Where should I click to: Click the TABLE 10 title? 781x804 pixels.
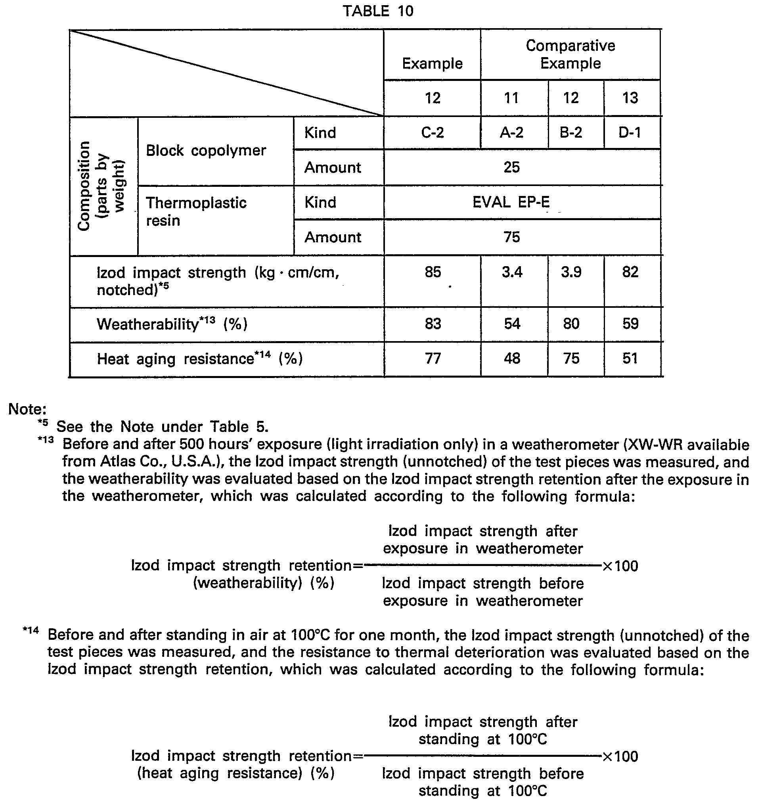377,11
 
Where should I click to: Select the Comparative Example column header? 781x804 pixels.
570,54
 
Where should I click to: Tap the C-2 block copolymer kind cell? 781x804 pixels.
433,132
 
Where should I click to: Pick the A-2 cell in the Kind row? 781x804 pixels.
511,132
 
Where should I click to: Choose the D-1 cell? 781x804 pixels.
630,132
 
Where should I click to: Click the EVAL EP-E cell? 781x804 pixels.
511,202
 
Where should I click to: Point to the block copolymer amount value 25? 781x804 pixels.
511,167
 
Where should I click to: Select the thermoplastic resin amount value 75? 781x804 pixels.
511,237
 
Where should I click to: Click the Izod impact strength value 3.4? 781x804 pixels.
512,272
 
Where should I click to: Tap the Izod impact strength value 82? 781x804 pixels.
630,272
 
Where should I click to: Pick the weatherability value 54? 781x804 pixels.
512,324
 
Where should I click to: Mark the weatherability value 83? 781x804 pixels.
433,324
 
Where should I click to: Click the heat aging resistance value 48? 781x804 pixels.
512,358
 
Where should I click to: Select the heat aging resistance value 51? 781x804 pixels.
630,358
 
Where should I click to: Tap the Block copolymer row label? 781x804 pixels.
206,151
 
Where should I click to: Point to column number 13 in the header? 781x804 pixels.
630,98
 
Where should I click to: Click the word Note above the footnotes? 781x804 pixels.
27,409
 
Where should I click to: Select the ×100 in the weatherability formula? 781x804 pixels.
620,566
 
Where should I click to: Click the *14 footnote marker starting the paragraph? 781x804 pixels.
31,630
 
